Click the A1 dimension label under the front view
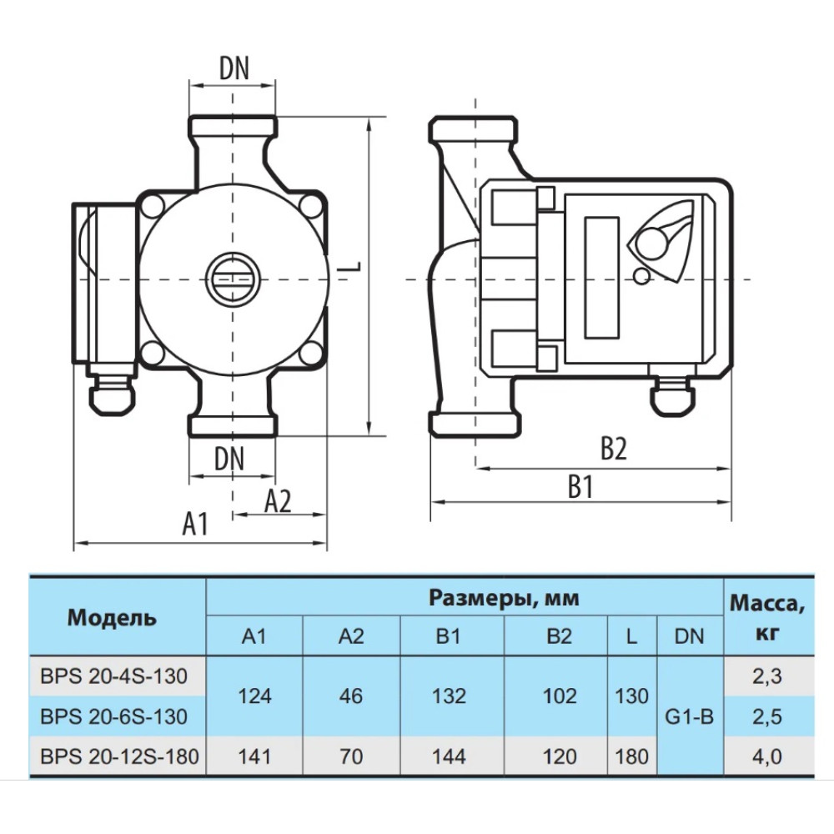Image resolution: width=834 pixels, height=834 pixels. point(195,524)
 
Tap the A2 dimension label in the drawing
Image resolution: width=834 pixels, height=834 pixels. point(279,501)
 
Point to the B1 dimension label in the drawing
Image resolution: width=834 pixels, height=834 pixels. point(580,486)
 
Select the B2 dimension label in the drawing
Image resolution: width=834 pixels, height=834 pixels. point(614,449)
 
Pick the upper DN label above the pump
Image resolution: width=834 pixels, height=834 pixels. point(234,68)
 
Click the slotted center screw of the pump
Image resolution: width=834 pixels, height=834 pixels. point(234,279)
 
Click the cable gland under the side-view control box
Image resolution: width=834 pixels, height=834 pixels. point(671,396)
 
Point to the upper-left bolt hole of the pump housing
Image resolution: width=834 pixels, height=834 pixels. point(153,205)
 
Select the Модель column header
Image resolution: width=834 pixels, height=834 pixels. point(112,618)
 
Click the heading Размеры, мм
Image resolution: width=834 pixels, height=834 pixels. point(503,598)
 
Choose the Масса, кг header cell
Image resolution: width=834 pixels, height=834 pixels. point(766,617)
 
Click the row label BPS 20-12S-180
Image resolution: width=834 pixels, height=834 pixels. point(119,756)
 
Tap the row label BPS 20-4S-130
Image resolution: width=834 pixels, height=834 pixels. point(113,676)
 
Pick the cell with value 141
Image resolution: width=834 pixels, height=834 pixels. point(254,756)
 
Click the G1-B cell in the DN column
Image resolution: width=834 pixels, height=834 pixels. point(690,717)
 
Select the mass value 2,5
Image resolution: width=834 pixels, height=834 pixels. point(767,716)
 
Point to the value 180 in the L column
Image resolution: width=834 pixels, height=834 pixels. point(632,756)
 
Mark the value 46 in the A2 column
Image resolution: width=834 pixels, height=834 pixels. point(351,696)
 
